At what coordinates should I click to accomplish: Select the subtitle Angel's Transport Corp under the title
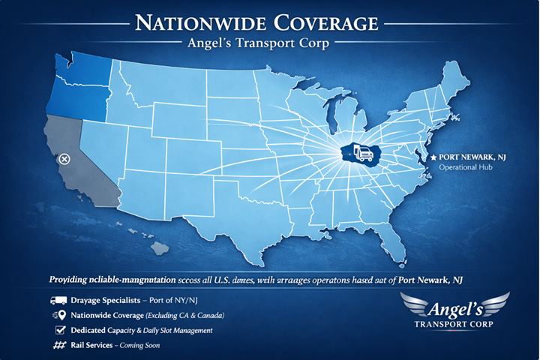pos(268,43)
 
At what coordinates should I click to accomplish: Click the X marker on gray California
pos(64,159)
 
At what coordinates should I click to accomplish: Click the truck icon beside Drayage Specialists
pos(58,300)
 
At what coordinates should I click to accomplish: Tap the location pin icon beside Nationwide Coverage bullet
pos(58,315)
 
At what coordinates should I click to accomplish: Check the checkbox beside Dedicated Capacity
pos(59,330)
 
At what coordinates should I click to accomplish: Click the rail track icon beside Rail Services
pos(58,345)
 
